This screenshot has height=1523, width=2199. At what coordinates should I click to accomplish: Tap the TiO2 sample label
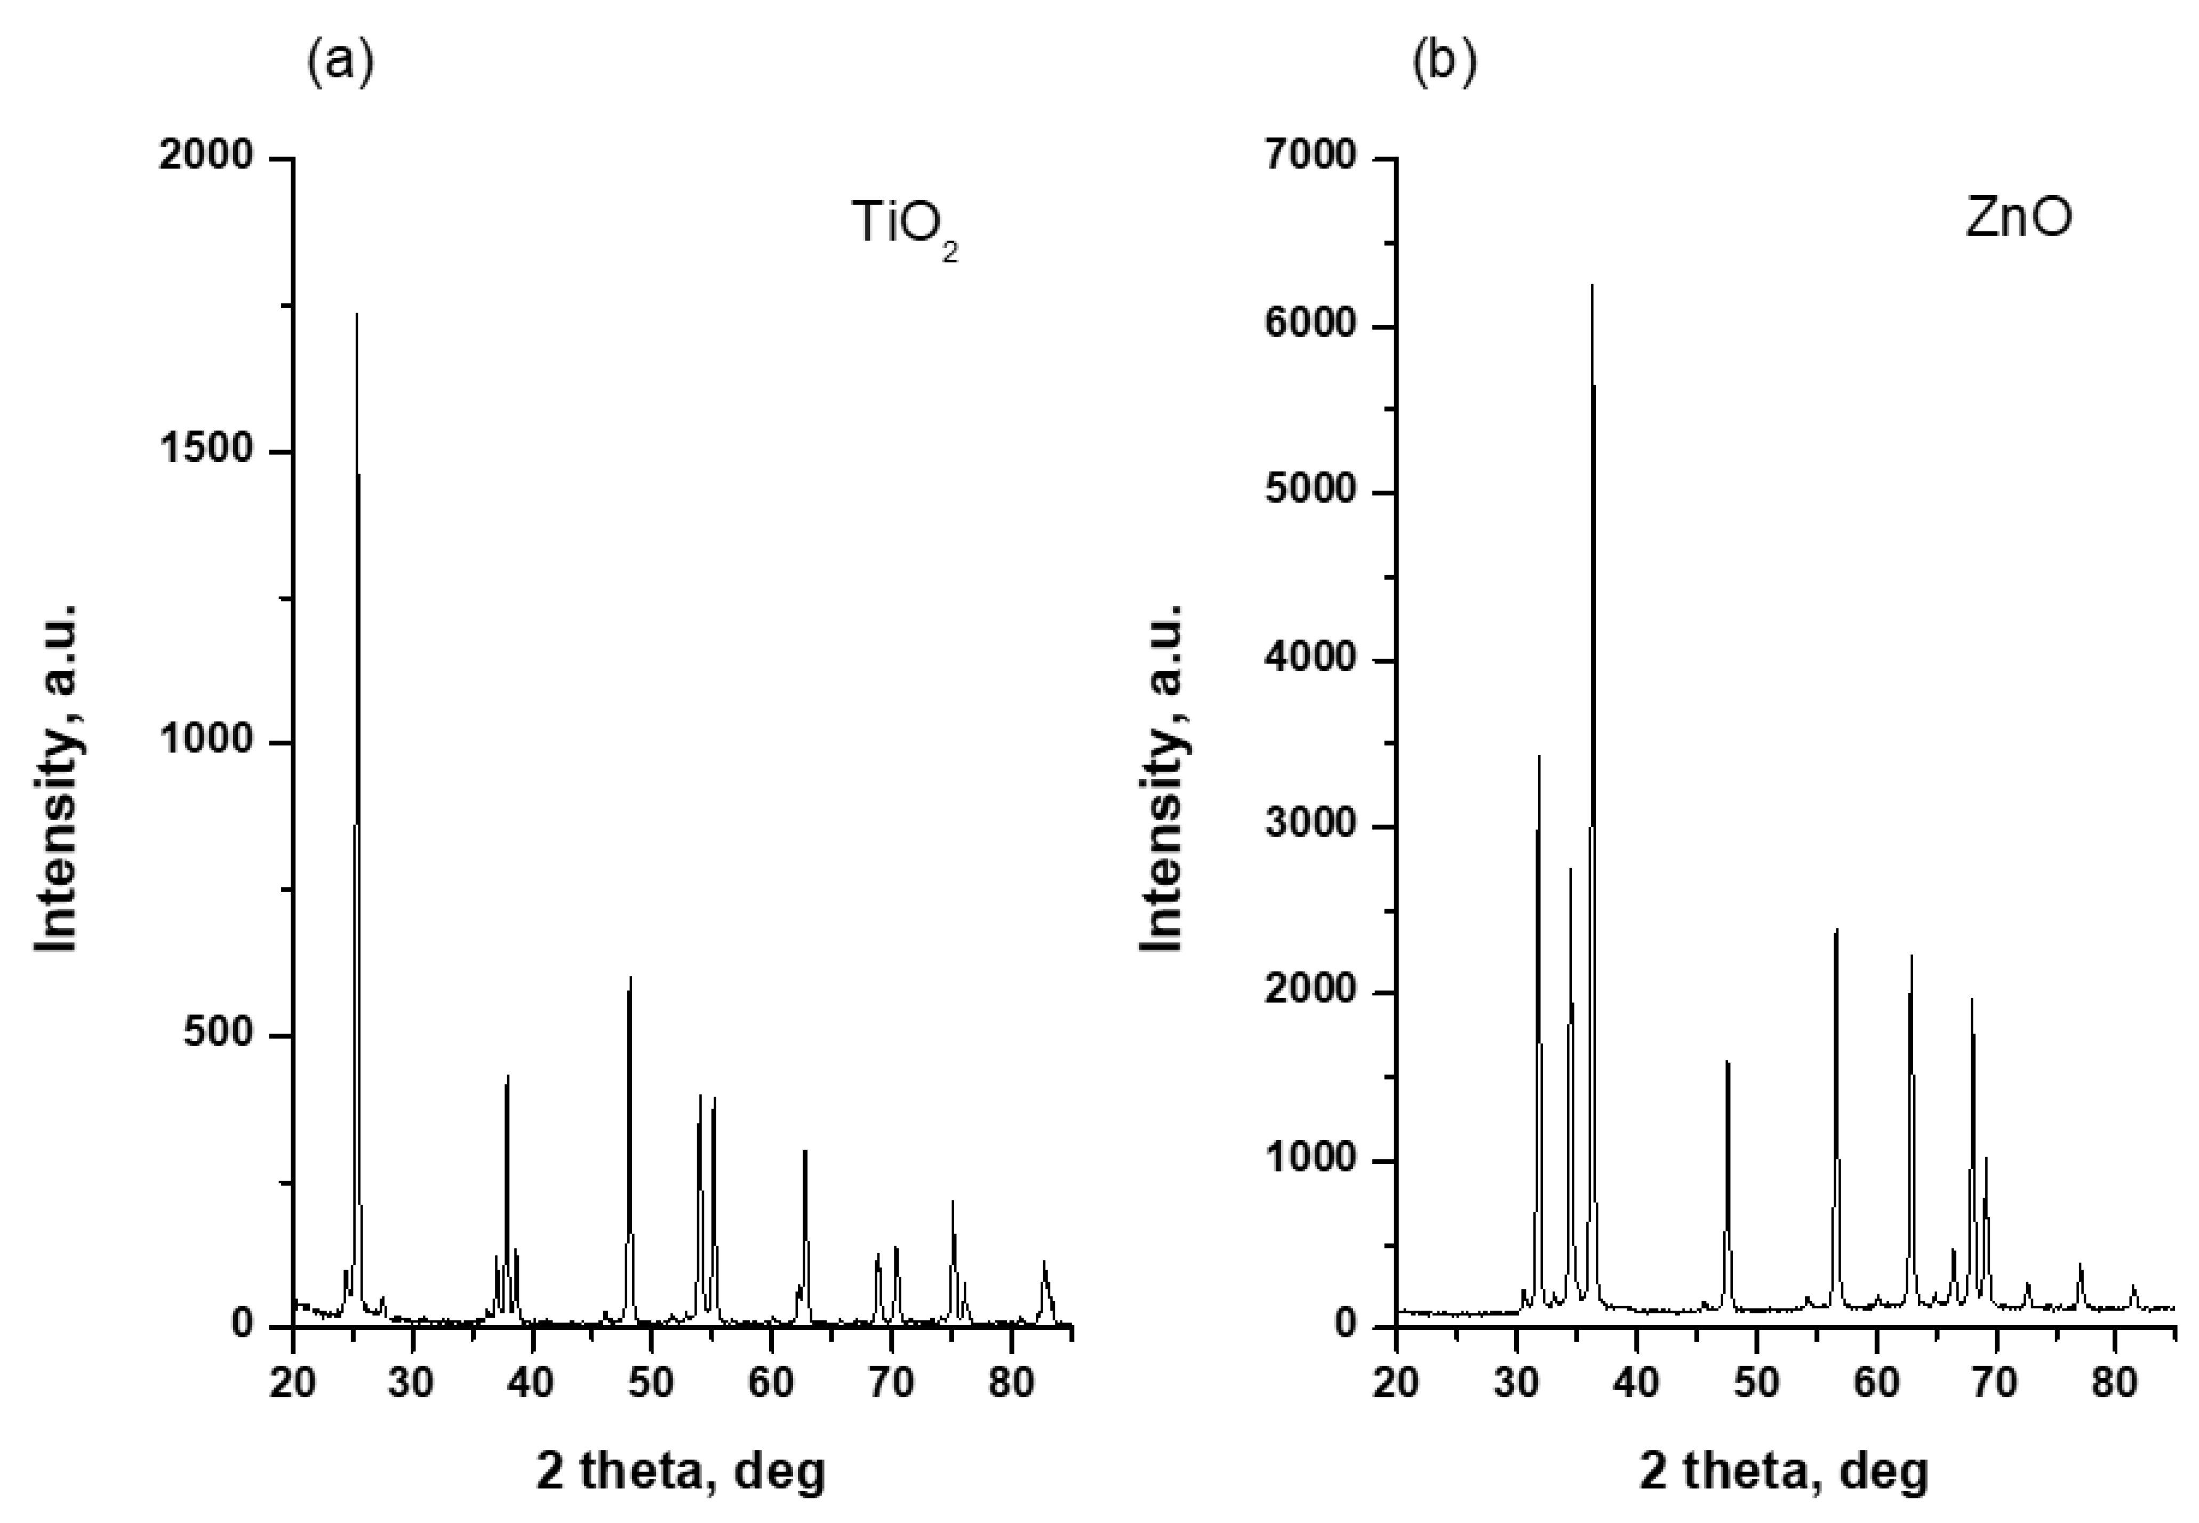coord(903,225)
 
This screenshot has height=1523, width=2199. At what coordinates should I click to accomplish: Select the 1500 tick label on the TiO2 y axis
coord(206,451)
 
